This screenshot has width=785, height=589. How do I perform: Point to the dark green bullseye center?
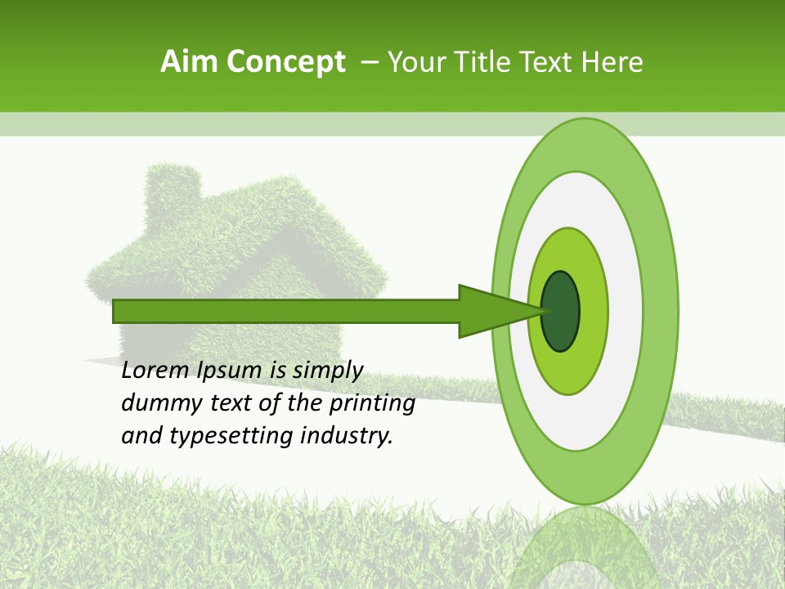[x=561, y=311]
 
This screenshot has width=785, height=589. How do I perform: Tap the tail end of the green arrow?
[x=117, y=311]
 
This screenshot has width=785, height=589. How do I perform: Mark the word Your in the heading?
[x=414, y=62]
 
